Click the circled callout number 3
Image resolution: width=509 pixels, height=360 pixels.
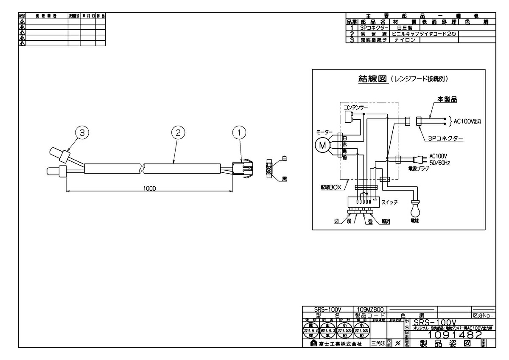click(x=82, y=133)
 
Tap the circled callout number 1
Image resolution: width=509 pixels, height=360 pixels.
click(x=240, y=133)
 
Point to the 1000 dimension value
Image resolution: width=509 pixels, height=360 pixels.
click(x=149, y=188)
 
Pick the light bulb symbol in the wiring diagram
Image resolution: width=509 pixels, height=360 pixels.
click(x=414, y=208)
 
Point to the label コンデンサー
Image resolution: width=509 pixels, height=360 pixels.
click(x=356, y=108)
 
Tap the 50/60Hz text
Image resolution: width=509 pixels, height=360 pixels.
click(x=440, y=162)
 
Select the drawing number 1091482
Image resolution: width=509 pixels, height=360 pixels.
click(x=455, y=335)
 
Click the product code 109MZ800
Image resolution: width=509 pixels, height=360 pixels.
click(x=370, y=309)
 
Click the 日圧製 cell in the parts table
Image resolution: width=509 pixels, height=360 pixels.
click(x=399, y=27)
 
